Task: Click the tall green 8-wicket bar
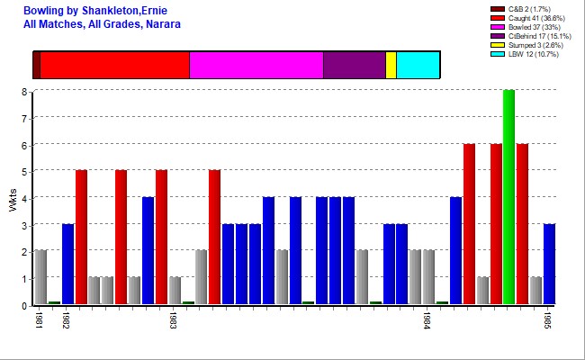point(508,197)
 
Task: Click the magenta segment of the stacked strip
point(256,65)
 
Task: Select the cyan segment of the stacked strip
point(418,65)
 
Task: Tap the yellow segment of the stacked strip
point(391,65)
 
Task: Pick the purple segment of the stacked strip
point(354,65)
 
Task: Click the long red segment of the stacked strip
point(114,65)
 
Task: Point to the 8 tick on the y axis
point(24,91)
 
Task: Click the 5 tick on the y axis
point(24,171)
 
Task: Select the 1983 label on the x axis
point(173,322)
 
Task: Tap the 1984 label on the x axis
point(427,322)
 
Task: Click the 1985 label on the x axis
point(548,322)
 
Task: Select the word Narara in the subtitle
point(162,23)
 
